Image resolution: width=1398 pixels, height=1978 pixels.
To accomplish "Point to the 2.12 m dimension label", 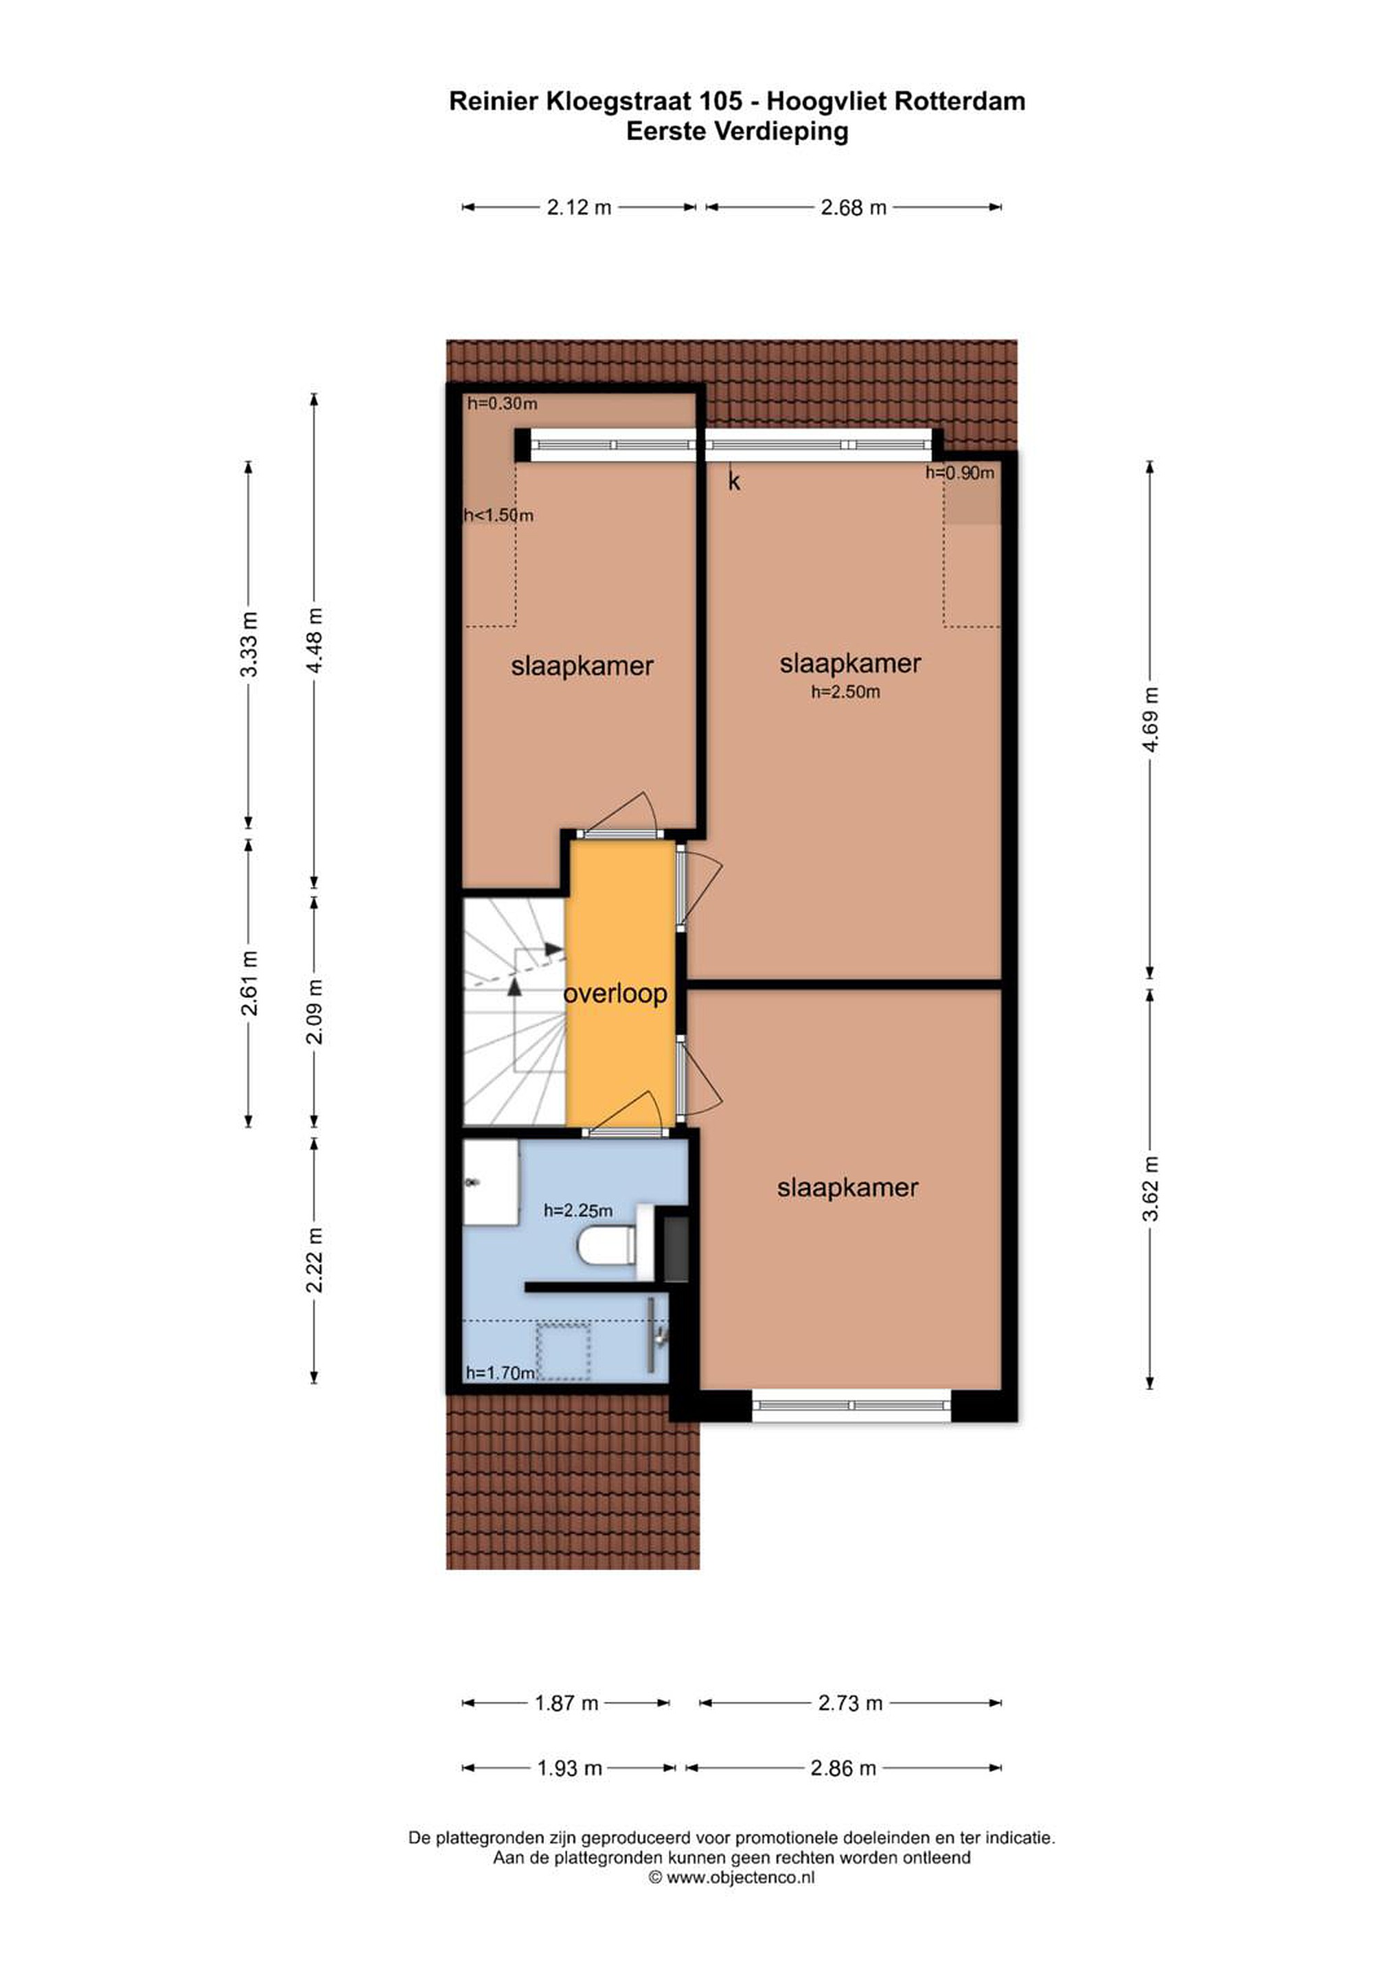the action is (579, 207).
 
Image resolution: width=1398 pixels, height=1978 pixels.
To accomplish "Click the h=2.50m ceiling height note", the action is (845, 692).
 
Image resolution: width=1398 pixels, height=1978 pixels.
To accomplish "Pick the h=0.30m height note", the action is (502, 403).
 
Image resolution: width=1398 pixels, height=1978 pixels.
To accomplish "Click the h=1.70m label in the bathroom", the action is (501, 1372).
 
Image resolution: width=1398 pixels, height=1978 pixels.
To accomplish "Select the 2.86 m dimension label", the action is (843, 1768).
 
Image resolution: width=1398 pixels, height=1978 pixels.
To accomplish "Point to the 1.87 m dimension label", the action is (566, 1703).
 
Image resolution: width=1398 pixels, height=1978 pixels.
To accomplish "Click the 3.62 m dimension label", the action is (1150, 1188).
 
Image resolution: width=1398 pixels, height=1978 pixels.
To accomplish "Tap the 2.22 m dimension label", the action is (315, 1260).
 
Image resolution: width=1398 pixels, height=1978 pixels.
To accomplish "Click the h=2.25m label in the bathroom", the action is (578, 1210).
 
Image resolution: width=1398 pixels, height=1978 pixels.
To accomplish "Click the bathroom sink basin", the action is (490, 1182).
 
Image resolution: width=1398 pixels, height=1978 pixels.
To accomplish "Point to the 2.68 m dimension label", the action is (853, 207).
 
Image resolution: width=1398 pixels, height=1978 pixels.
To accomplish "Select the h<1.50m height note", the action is (499, 515).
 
